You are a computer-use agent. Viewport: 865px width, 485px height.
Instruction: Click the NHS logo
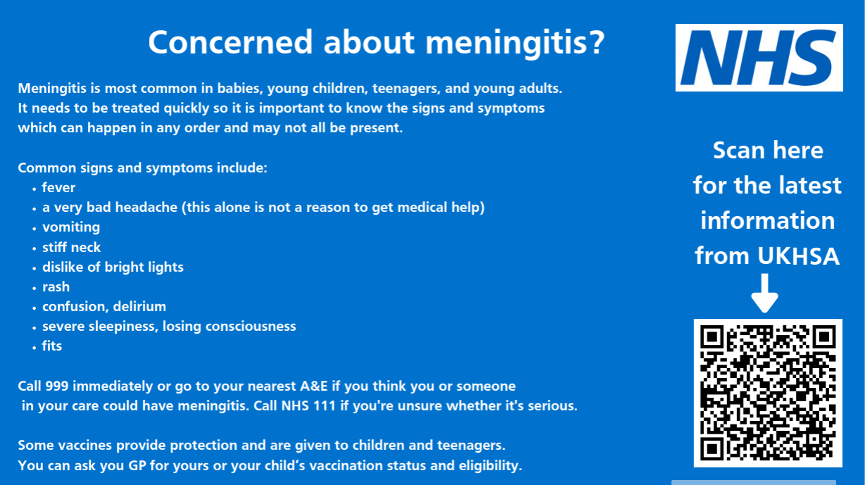759,58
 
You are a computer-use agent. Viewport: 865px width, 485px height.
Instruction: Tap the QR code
768,393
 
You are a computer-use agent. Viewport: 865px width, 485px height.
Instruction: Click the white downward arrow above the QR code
765,293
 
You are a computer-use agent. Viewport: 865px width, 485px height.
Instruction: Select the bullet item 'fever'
58,188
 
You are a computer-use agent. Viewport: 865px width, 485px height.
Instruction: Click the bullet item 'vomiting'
71,227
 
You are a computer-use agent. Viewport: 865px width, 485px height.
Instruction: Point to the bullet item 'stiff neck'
71,247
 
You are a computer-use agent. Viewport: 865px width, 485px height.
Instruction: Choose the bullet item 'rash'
56,286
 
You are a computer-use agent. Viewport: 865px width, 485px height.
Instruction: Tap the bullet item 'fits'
52,346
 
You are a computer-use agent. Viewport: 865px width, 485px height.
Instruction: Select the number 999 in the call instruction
57,386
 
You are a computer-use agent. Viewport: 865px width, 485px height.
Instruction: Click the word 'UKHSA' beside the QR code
799,256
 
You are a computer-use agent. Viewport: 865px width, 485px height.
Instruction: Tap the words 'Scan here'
768,150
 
